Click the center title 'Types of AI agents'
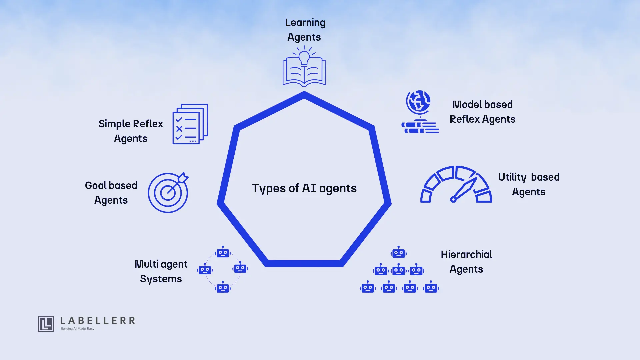304,188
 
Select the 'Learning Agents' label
305,30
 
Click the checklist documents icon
190,124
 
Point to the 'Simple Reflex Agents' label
131,131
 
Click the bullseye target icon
168,193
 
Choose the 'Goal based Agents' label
111,193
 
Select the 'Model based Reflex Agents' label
482,112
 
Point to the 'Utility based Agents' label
529,184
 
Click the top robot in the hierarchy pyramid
399,253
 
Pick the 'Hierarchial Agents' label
466,262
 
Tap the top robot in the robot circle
223,252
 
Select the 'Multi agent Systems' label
161,271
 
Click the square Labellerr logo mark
46,324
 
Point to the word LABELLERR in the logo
98,321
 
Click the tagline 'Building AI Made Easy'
77,329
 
